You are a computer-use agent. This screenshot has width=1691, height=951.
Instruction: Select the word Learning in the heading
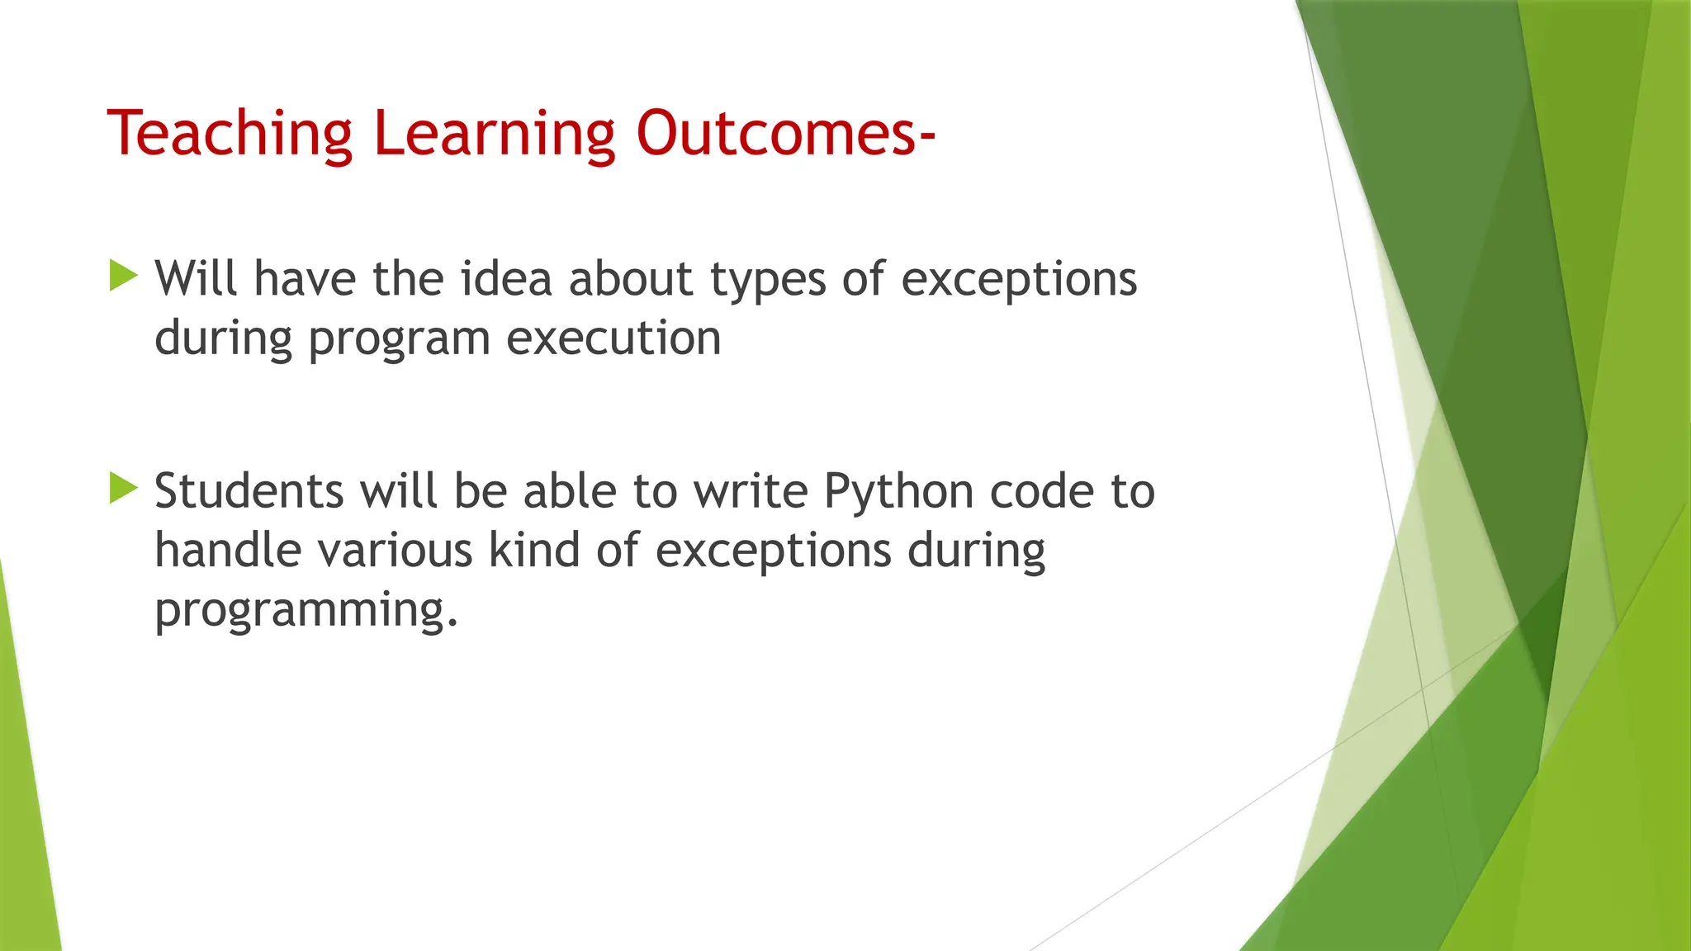pyautogui.click(x=495, y=134)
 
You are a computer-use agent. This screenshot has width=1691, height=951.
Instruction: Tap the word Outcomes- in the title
pyautogui.click(x=785, y=134)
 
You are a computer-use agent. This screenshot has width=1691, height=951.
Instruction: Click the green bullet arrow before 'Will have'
pyautogui.click(x=123, y=277)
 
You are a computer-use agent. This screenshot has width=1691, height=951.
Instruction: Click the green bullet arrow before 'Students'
pyautogui.click(x=123, y=489)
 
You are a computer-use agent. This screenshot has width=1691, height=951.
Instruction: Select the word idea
pyautogui.click(x=505, y=278)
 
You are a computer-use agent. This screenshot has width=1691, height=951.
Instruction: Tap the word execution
pyautogui.click(x=613, y=338)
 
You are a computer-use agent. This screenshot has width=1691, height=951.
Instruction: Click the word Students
pyautogui.click(x=249, y=491)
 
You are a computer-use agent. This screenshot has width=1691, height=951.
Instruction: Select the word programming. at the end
pyautogui.click(x=306, y=611)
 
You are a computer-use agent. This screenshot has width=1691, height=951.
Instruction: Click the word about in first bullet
pyautogui.click(x=631, y=278)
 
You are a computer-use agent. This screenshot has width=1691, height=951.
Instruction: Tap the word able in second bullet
pyautogui.click(x=570, y=491)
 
